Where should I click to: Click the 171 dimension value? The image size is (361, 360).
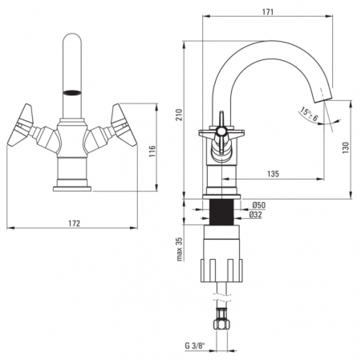pyautogui.click(x=268, y=11)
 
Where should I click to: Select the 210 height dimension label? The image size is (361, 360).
pyautogui.click(x=179, y=115)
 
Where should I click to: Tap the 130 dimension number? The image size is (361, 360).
pyautogui.click(x=346, y=148)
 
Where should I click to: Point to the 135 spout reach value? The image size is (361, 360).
pyautogui.click(x=273, y=174)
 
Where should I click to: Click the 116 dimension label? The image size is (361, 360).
pyautogui.click(x=152, y=152)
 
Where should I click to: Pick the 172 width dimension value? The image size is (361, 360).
pyautogui.click(x=75, y=223)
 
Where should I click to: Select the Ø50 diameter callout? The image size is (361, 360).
pyautogui.click(x=259, y=205)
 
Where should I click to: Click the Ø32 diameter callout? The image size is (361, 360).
pyautogui.click(x=255, y=215)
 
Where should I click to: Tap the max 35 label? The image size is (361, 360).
pyautogui.click(x=179, y=249)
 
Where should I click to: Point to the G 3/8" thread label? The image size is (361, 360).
pyautogui.click(x=194, y=346)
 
